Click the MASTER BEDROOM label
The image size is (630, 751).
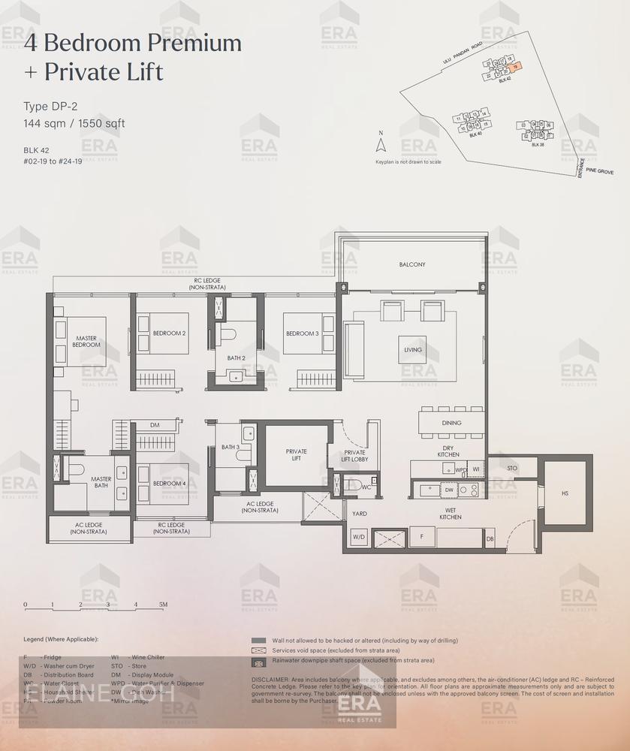tap(86, 341)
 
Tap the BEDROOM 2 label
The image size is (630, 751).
tap(169, 333)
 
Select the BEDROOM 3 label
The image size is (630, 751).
tap(301, 333)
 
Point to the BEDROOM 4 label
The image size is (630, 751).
tap(169, 484)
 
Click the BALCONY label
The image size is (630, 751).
tap(411, 264)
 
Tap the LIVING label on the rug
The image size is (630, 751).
tap(412, 350)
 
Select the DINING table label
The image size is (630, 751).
tap(451, 423)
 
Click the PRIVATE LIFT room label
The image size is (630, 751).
tap(296, 455)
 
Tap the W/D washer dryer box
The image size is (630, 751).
tap(359, 537)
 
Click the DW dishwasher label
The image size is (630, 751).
tap(449, 490)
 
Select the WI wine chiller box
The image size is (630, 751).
tap(475, 469)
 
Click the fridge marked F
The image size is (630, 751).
tap(423, 537)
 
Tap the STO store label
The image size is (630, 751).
tap(512, 468)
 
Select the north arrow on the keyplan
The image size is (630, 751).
tap(381, 144)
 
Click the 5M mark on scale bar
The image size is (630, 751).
tap(163, 604)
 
